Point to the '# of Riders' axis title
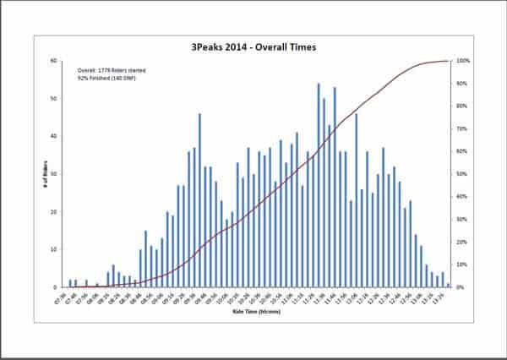[x=45, y=174]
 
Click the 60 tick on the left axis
[x=54, y=61]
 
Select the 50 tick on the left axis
[x=54, y=99]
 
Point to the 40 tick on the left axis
[x=54, y=136]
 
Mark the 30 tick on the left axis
[x=54, y=174]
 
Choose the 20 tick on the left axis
[x=54, y=212]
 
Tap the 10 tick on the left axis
[x=54, y=249]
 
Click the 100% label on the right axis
[x=462, y=61]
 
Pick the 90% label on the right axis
[x=461, y=84]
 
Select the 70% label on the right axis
[x=461, y=129]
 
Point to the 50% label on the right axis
[x=461, y=174]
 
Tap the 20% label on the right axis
[x=461, y=243]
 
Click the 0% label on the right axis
[x=461, y=287]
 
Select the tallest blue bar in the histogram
[x=319, y=185]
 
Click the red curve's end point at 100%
[x=448, y=61]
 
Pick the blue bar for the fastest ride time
[x=70, y=284]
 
